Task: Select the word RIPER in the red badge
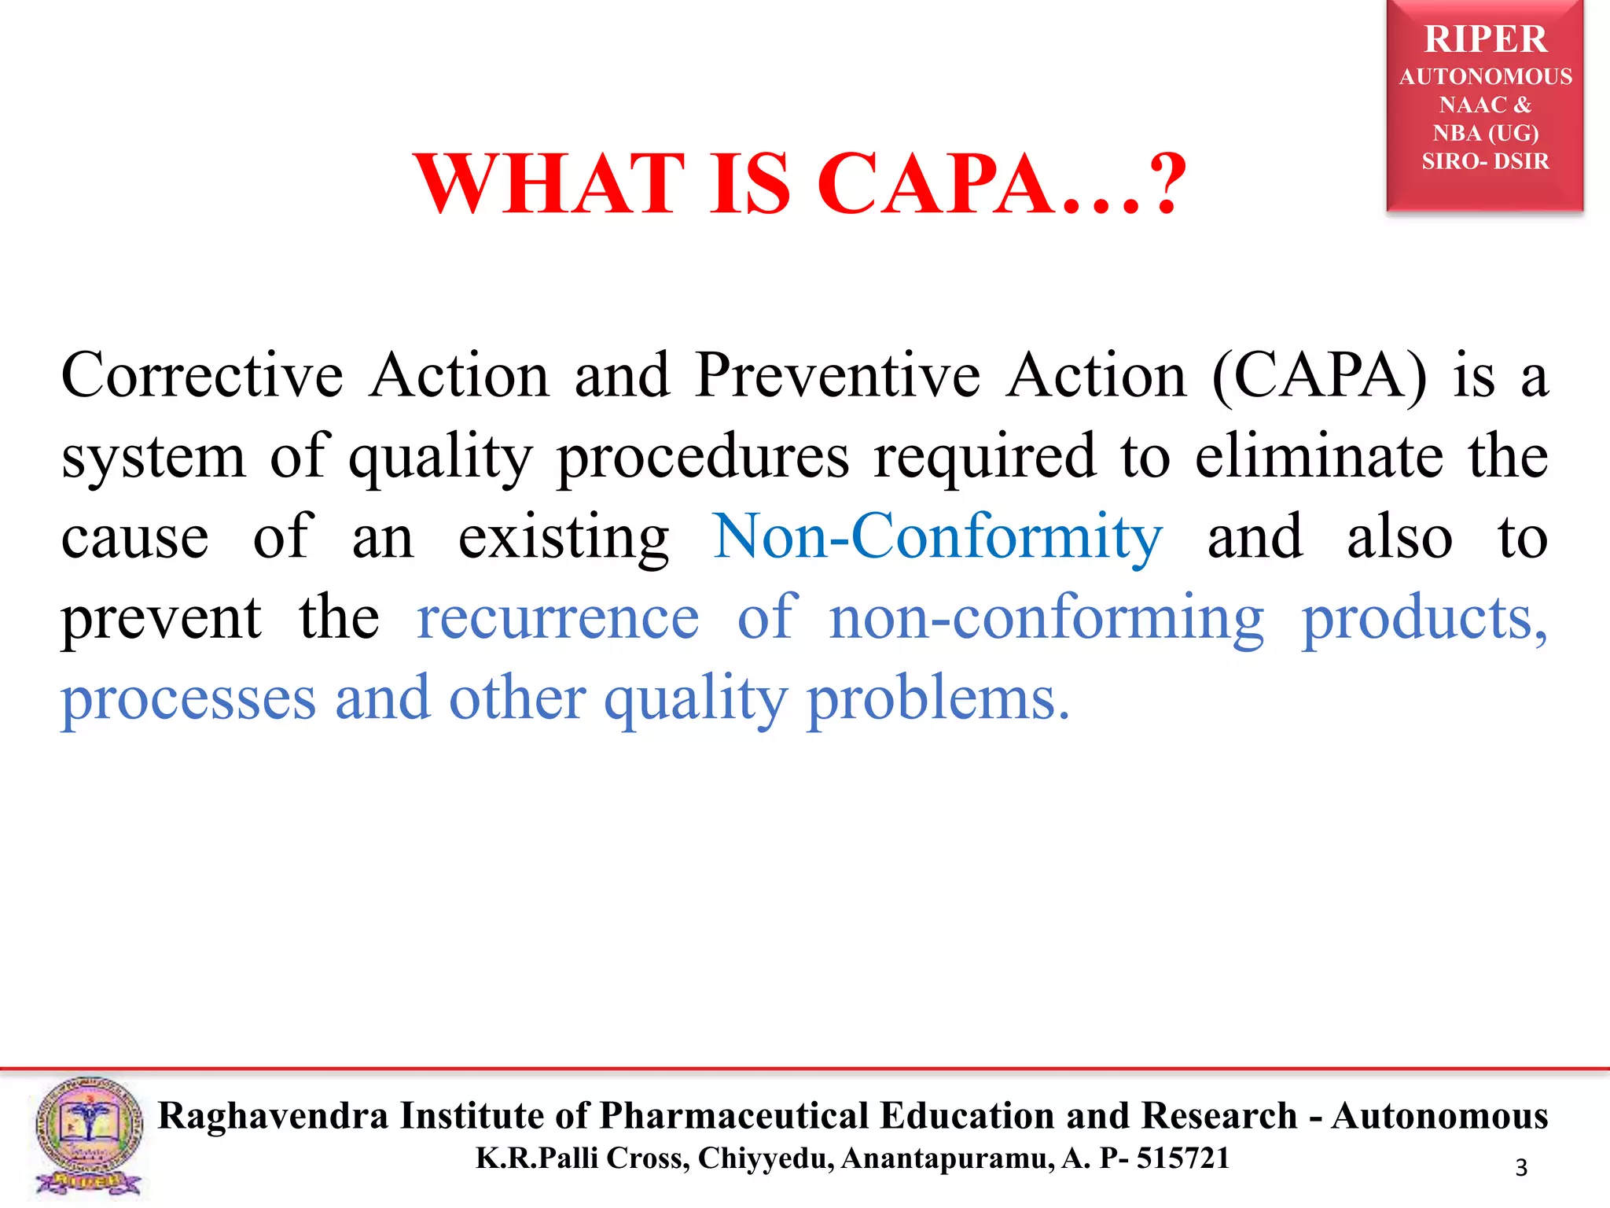pos(1485,39)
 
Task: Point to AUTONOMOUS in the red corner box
pos(1485,76)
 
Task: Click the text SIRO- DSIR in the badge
pos(1485,161)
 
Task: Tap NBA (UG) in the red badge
pos(1485,133)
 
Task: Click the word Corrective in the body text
pos(202,376)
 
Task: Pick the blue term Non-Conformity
pos(937,537)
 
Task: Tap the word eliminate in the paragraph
pos(1318,456)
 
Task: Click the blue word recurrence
pos(557,618)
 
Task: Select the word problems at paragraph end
pos(938,699)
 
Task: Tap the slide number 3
pos(1521,1168)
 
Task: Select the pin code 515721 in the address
pos(1182,1158)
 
